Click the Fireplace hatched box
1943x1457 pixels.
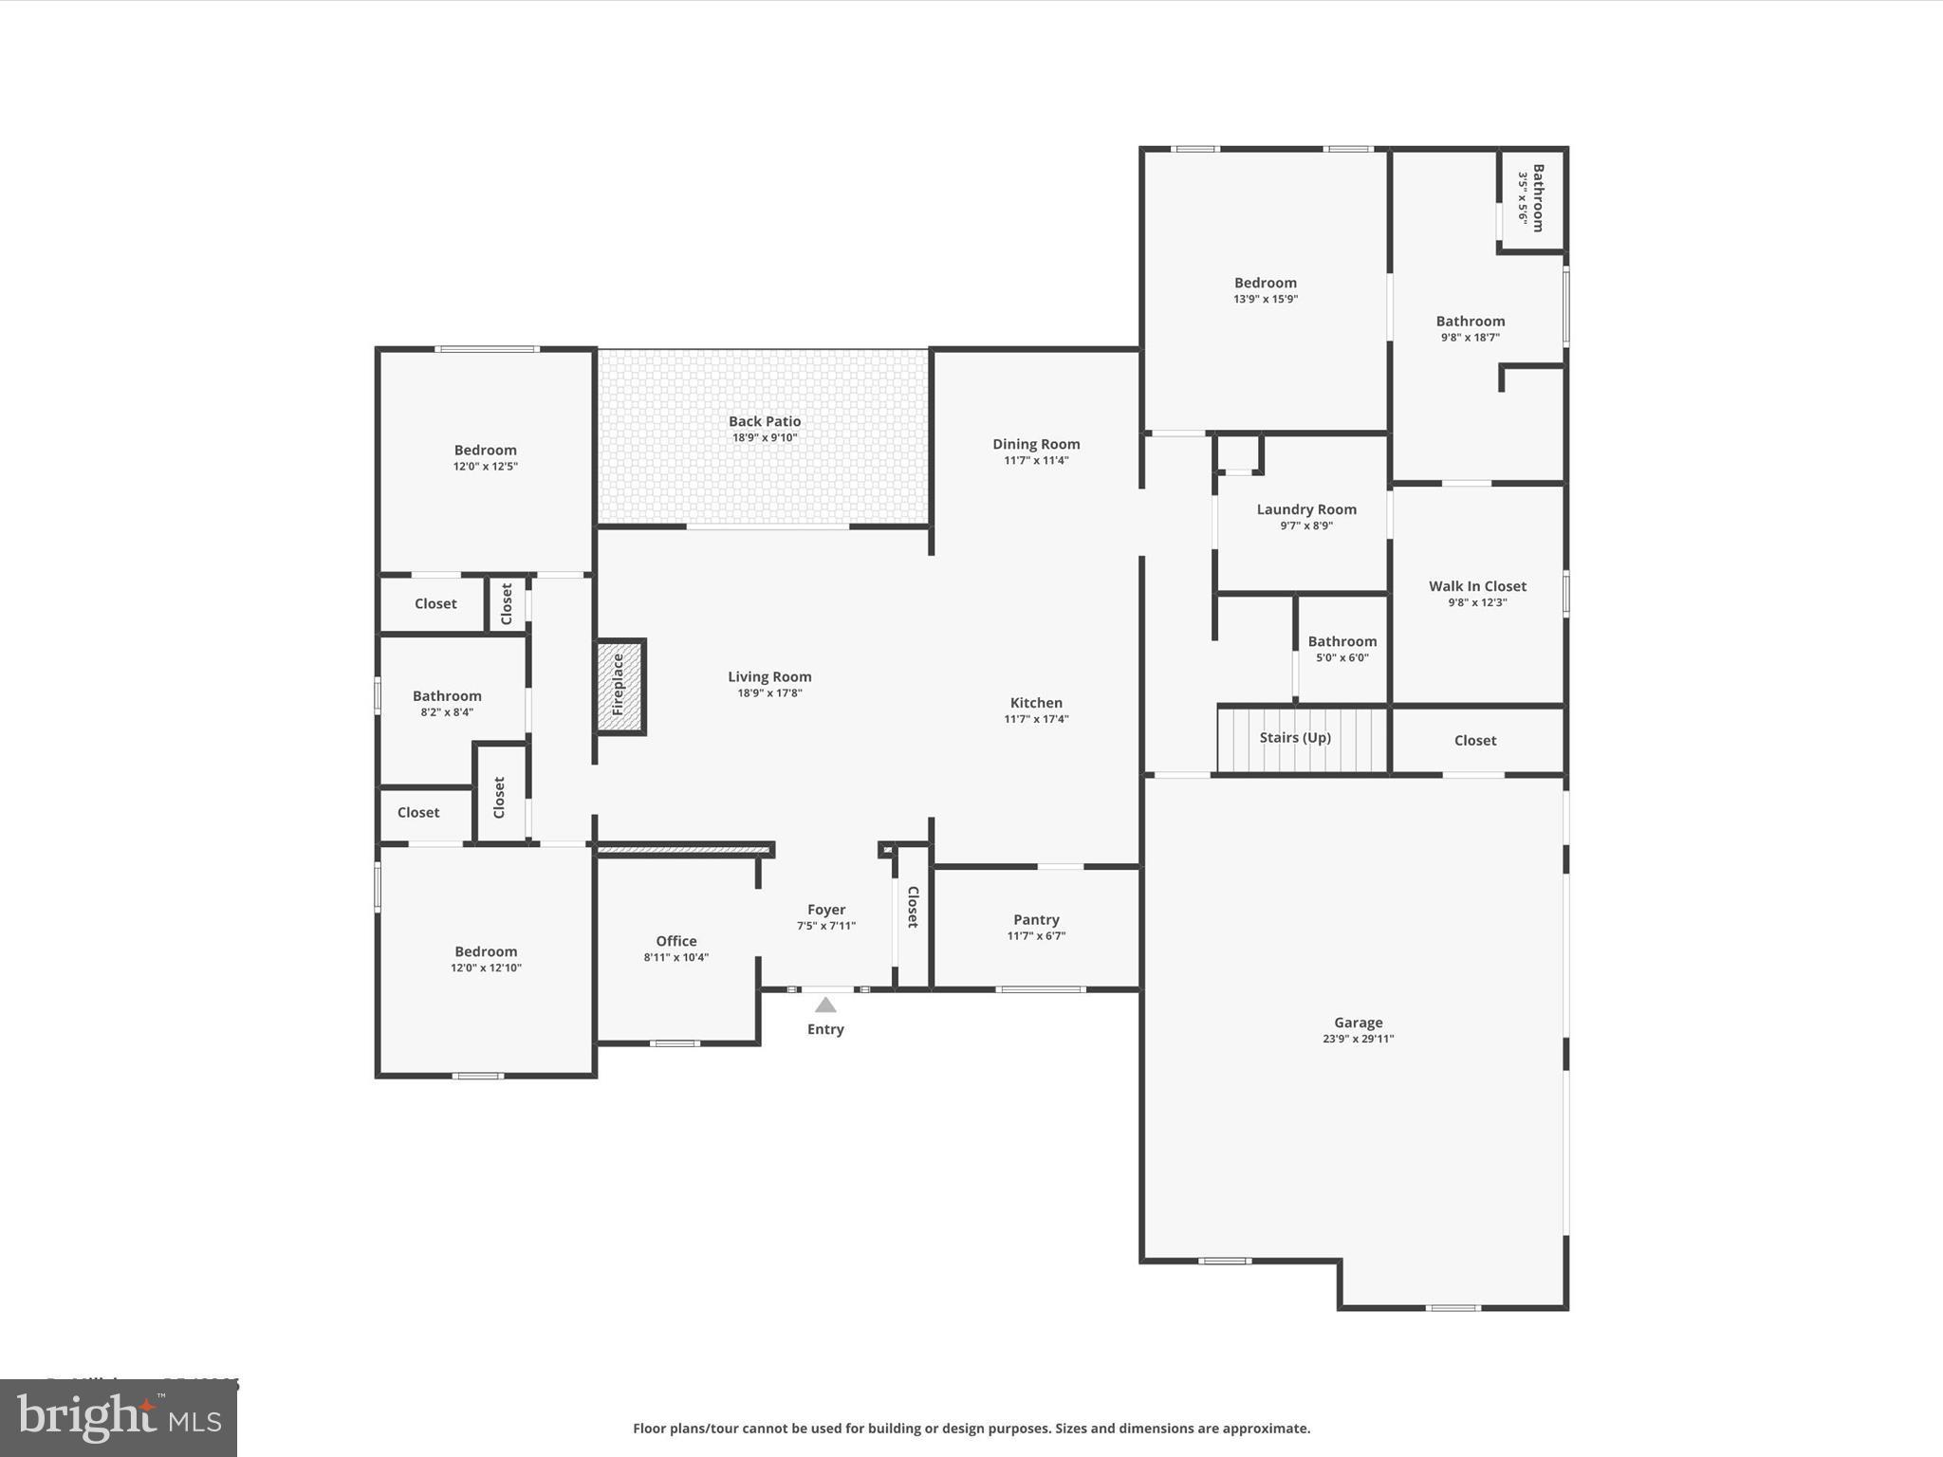pos(620,686)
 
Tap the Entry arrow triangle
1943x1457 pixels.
pos(825,1005)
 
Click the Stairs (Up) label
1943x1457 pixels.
pos(1295,738)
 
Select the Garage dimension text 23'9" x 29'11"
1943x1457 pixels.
pos(1358,1039)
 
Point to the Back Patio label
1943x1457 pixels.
pos(765,421)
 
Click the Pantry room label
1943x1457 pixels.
pos(1036,919)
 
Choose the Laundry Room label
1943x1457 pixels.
pos(1306,509)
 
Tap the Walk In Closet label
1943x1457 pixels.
pos(1477,586)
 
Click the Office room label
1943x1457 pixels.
pos(676,941)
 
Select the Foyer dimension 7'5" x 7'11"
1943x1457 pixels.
pos(826,926)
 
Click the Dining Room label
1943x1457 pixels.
pos(1036,444)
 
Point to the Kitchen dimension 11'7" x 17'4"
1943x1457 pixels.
pos(1036,719)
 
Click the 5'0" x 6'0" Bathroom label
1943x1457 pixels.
pos(1342,641)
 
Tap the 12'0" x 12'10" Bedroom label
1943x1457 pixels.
pos(486,951)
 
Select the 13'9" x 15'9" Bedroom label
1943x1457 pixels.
pos(1265,283)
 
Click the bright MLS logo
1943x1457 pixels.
pos(119,1418)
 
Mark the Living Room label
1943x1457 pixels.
pos(769,676)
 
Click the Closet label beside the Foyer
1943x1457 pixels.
pos(913,907)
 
